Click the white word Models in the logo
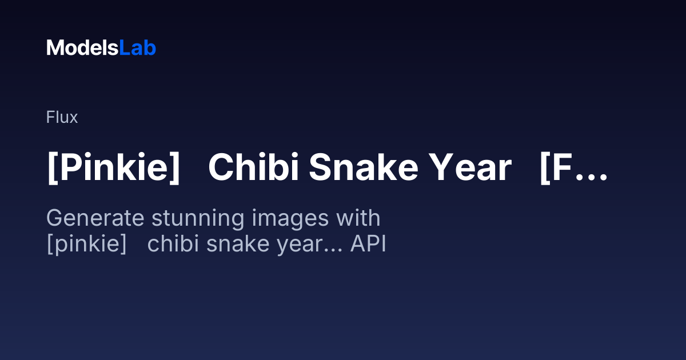[82, 48]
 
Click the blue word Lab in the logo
[138, 48]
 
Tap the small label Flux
[62, 117]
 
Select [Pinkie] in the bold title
[113, 168]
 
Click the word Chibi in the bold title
[254, 167]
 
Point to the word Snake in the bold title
[364, 167]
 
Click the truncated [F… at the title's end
[573, 168]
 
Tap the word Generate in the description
[95, 218]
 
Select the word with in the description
[358, 218]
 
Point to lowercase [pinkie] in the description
[87, 244]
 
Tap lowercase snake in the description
[238, 243]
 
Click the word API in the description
[368, 243]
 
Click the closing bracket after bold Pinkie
[175, 168]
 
